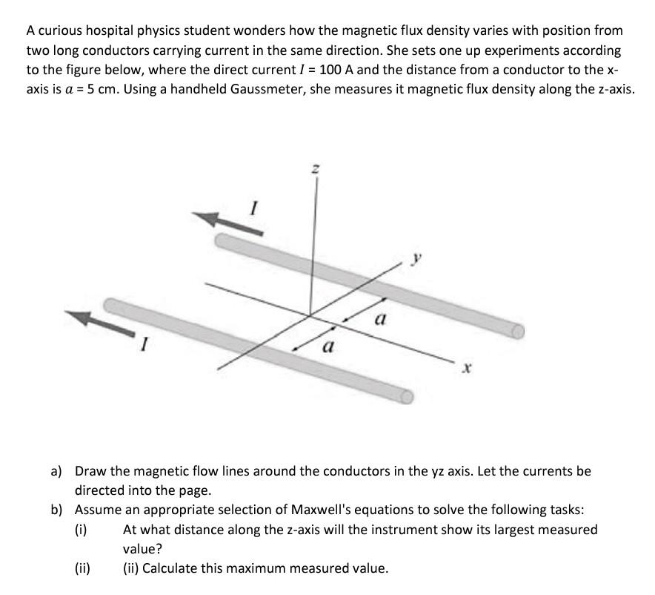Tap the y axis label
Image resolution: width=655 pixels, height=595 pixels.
click(416, 260)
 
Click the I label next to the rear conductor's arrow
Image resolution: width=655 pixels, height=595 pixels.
click(255, 210)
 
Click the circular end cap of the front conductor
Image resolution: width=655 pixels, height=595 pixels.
click(406, 398)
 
